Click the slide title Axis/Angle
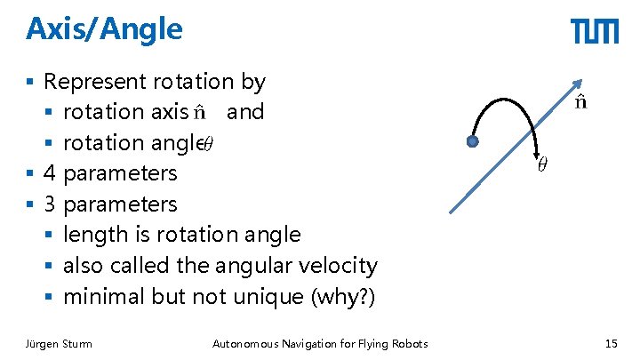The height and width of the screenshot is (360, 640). point(104,29)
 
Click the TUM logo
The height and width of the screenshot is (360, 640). point(594,32)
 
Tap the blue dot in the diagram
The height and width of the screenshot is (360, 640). point(473,141)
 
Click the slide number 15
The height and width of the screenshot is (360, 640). point(611,344)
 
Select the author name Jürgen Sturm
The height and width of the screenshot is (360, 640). point(59,344)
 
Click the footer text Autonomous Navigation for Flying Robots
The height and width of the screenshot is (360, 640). point(320,344)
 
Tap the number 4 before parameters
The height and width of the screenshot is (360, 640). point(50,172)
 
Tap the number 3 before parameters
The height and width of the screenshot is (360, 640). point(50,204)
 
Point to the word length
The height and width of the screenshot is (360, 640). point(92,235)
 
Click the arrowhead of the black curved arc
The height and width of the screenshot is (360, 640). point(535,151)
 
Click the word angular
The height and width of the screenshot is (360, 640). point(260,265)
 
